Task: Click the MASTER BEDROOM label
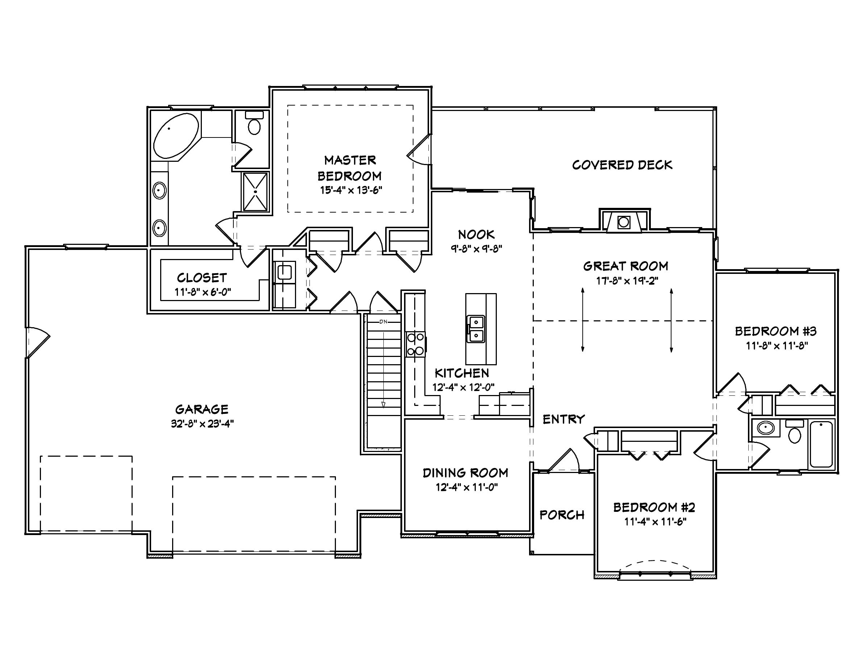[350, 168]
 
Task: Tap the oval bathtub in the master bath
[176, 136]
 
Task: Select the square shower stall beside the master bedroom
[255, 192]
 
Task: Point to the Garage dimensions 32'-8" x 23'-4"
[202, 424]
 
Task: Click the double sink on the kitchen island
[476, 329]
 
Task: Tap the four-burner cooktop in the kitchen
[416, 344]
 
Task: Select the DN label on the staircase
[383, 321]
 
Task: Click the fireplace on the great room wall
[624, 222]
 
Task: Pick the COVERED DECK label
[622, 165]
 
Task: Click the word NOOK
[476, 235]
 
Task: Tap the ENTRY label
[564, 419]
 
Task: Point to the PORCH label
[562, 515]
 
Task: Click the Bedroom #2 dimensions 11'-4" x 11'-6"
[655, 522]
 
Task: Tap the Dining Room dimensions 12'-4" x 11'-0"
[466, 487]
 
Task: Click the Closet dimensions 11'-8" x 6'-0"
[203, 292]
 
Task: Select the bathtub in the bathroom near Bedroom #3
[821, 444]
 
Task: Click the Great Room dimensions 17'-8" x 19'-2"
[626, 280]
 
